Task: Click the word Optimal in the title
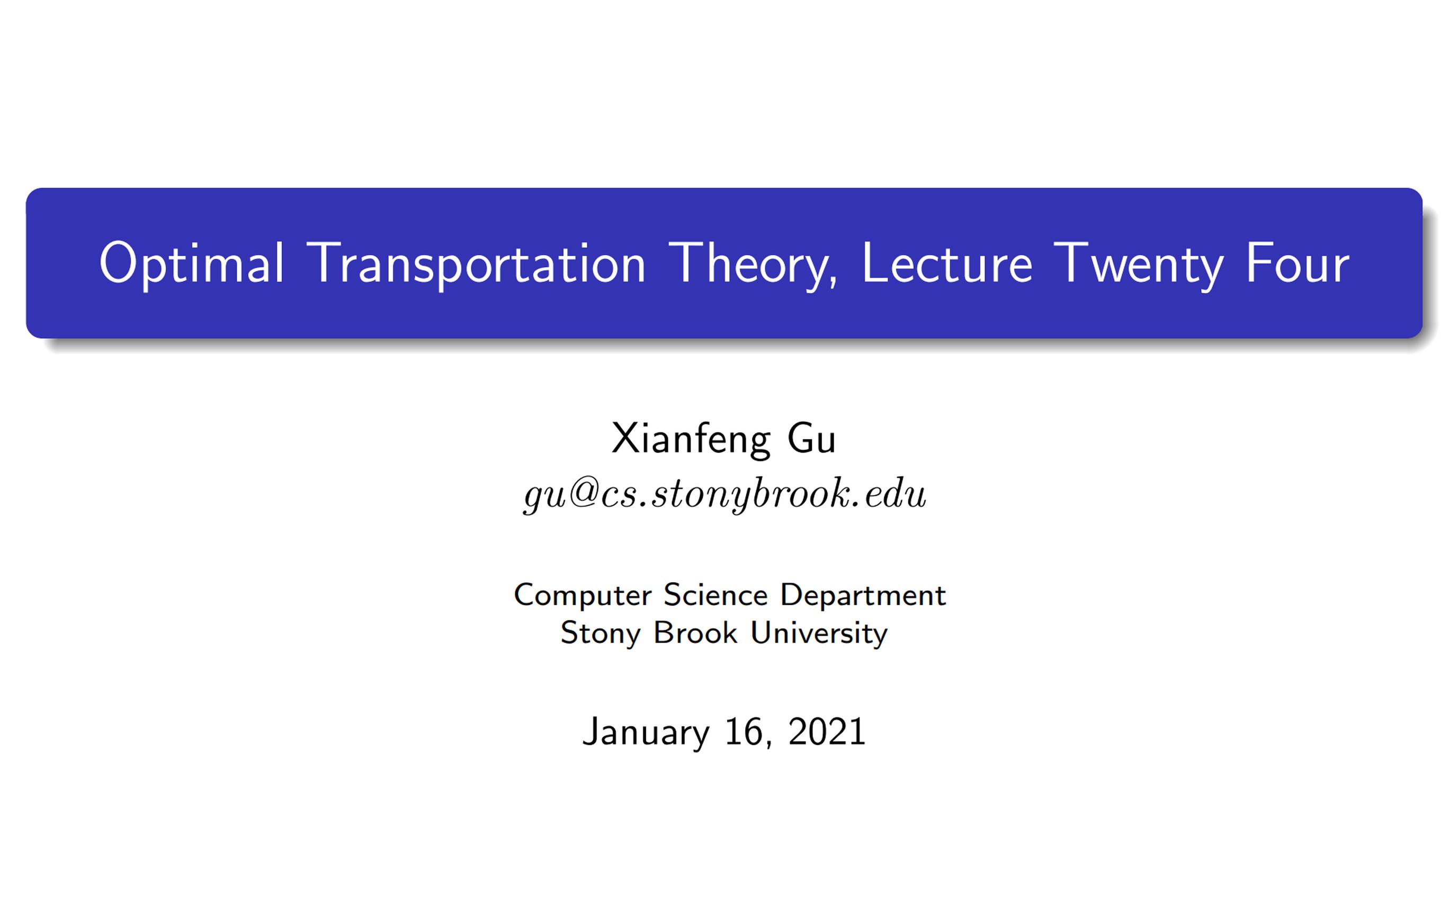tap(192, 264)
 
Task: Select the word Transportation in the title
tap(476, 264)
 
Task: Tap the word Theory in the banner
tap(752, 264)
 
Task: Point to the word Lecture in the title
tap(946, 264)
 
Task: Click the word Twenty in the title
tap(1138, 264)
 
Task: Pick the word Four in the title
tap(1297, 264)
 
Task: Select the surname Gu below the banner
tap(811, 439)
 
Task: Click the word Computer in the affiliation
tap(583, 596)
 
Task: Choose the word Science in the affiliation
tap(715, 595)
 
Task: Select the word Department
tap(863, 596)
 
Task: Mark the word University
tap(819, 634)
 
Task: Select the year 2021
tap(827, 731)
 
